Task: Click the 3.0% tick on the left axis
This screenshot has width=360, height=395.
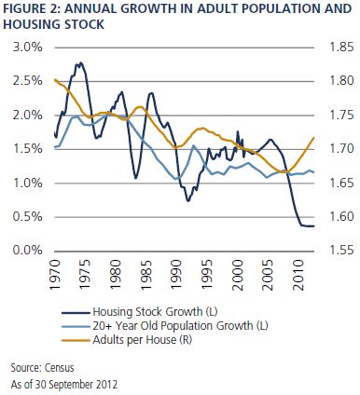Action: point(27,48)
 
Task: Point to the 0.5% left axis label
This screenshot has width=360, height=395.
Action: point(27,217)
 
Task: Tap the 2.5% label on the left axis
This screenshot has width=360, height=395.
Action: point(27,81)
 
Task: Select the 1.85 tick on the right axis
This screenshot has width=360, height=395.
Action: point(341,48)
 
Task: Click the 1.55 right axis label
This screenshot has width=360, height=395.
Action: point(341,250)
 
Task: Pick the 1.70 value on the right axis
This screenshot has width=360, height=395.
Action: point(341,149)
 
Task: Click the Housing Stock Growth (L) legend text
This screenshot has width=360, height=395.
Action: point(155,311)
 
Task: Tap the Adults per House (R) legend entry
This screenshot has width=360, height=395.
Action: point(142,340)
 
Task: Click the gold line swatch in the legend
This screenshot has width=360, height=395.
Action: point(76,340)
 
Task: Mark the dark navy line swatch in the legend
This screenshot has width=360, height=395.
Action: point(76,312)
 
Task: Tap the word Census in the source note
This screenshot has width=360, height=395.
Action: point(60,368)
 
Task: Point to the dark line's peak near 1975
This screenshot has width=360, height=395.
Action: point(80,63)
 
